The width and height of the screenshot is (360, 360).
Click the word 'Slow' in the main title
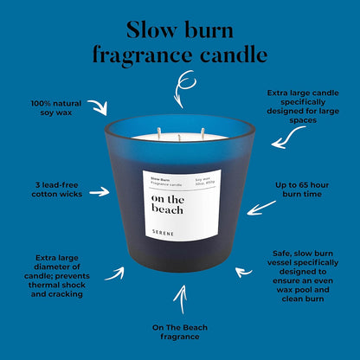coord(151,29)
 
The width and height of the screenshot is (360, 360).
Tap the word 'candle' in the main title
coord(234,54)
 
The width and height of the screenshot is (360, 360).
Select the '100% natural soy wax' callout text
coord(56,108)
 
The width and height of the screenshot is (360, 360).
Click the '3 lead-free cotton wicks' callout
coord(57,190)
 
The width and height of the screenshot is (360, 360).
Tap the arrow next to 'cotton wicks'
coord(100,191)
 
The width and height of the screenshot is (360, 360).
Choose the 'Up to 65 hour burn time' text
coord(302,190)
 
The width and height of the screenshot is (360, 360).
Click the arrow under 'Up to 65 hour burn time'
coord(260,209)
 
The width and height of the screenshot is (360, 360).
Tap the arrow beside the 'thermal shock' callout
coord(115,274)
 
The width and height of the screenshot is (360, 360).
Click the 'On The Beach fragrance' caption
coord(180,332)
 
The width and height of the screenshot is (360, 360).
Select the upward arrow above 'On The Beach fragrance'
coord(181,299)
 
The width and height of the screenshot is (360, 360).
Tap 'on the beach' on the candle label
coord(168,204)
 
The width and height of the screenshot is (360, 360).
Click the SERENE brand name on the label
coord(163,233)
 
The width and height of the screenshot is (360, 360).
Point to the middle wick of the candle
coord(179,138)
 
